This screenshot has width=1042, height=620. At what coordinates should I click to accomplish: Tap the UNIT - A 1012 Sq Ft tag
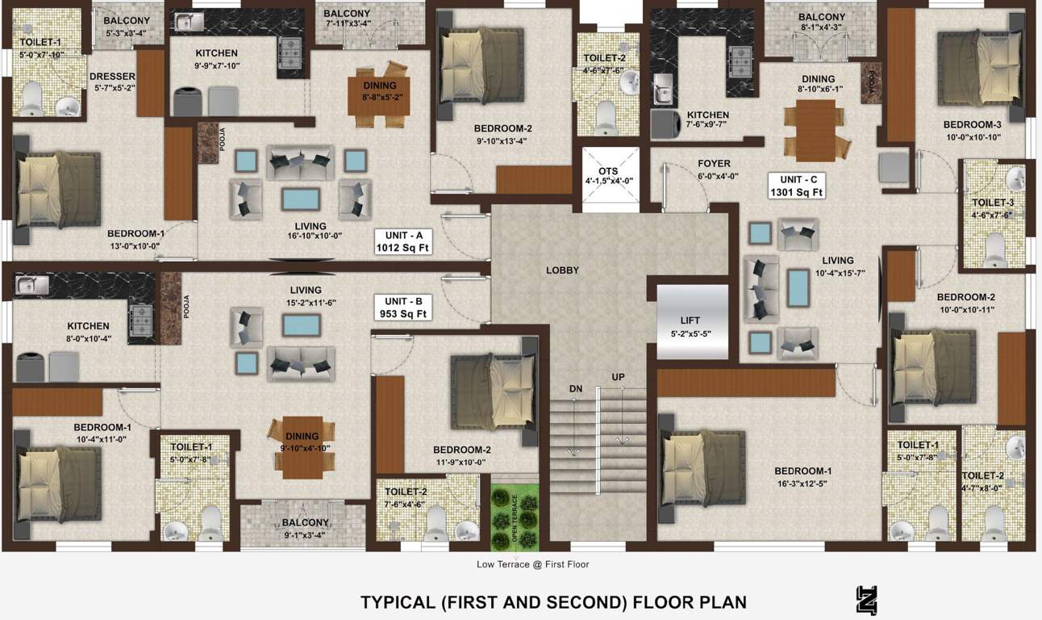pos(402,241)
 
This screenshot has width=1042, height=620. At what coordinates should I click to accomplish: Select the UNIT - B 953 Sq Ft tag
pos(402,308)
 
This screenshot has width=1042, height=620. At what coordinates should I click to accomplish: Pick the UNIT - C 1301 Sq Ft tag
pos(796,186)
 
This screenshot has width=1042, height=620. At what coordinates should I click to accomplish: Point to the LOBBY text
pos(562,270)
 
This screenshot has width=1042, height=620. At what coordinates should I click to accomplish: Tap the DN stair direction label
pos(576,388)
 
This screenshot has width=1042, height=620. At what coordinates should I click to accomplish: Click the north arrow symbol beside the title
pos(866,601)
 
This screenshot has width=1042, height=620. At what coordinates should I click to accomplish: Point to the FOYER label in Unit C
pos(714,163)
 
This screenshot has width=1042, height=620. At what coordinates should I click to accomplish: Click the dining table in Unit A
pos(378,95)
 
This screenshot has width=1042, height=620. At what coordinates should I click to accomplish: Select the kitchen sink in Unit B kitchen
pos(30,284)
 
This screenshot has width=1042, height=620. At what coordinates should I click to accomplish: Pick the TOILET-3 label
pos(992,203)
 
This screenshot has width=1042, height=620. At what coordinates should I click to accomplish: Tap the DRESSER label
pos(112,77)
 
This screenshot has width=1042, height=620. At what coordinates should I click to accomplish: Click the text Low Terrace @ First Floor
pos(532,564)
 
